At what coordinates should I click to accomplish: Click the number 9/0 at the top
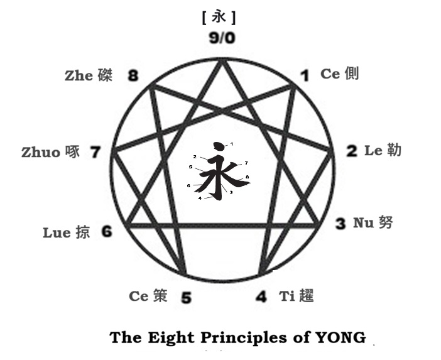[x=222, y=38]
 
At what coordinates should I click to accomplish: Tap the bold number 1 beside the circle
[x=304, y=77]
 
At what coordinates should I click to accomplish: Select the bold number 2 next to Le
[x=352, y=151]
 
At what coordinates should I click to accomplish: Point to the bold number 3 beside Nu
[x=340, y=224]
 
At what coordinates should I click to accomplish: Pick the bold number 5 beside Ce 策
[x=186, y=297]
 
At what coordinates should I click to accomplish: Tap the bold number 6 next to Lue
[x=107, y=232]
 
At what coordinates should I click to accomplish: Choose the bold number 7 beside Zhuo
[x=95, y=152]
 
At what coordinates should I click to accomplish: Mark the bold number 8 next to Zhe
[x=133, y=77]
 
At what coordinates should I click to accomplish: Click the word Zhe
[x=79, y=76]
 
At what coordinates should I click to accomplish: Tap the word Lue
[x=57, y=232]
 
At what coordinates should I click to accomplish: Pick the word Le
[x=373, y=151]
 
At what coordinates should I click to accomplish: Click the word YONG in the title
[x=342, y=337]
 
